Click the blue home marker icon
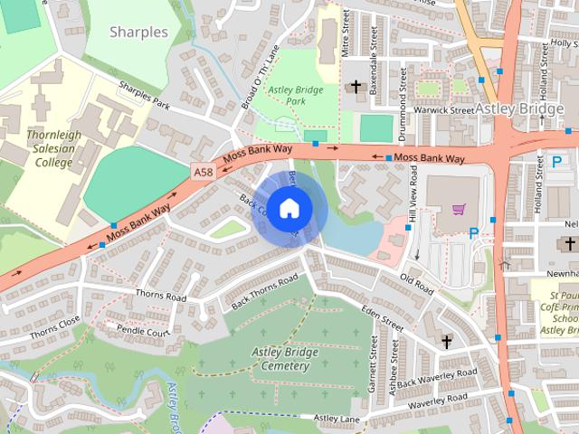point(289,208)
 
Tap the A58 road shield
point(204,170)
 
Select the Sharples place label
point(138,32)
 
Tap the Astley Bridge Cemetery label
point(284,358)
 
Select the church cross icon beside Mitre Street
point(356,88)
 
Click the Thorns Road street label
point(160,296)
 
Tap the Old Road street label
point(417,284)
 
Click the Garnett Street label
point(372,365)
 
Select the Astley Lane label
point(337,418)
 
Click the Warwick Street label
point(443,110)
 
